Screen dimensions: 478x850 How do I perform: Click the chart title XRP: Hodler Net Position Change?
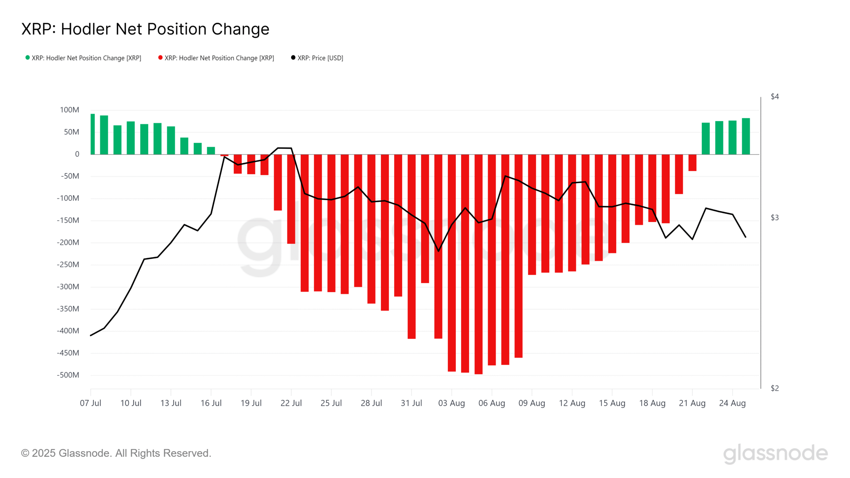click(x=145, y=29)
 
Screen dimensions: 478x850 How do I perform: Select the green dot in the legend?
click(x=28, y=57)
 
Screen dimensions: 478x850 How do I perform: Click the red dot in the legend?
click(x=160, y=57)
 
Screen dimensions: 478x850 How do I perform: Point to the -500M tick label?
click(x=68, y=375)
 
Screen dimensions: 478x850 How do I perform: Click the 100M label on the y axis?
click(x=69, y=110)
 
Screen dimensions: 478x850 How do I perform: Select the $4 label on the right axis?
click(x=775, y=97)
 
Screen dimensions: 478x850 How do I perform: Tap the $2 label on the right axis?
click(x=775, y=388)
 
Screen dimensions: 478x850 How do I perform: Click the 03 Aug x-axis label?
click(x=452, y=403)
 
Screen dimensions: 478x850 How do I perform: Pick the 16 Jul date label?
click(x=211, y=403)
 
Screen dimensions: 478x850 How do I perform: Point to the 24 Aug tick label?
click(x=732, y=403)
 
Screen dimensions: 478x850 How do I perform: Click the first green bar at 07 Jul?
click(x=93, y=134)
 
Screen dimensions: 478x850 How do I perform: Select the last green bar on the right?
click(x=746, y=136)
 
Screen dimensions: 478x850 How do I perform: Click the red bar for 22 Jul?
click(x=291, y=199)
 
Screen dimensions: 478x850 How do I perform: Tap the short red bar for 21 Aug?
click(x=692, y=163)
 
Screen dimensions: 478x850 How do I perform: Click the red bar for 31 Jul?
click(x=411, y=246)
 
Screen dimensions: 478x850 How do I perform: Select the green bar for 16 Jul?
click(x=211, y=151)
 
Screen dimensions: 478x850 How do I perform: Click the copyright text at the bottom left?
click(x=116, y=453)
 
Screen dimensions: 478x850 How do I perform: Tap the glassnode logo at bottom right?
click(x=775, y=453)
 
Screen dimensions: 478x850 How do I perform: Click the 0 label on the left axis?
click(x=77, y=154)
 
